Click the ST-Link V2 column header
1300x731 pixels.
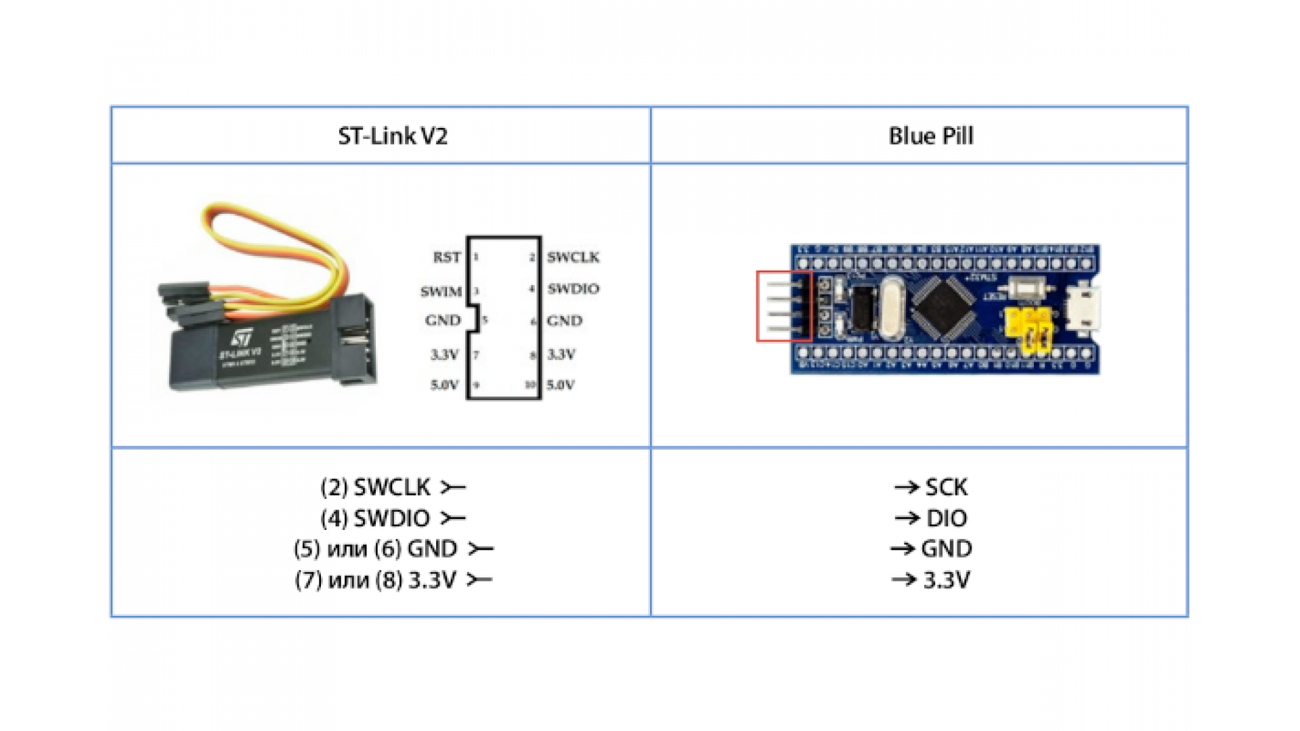pyautogui.click(x=393, y=136)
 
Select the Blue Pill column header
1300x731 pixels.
pyautogui.click(x=930, y=136)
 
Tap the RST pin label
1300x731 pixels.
pyautogui.click(x=446, y=257)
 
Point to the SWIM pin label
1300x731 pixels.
pyautogui.click(x=441, y=292)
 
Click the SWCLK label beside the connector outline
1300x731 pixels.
pyautogui.click(x=573, y=257)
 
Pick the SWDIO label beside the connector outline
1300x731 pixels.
pyautogui.click(x=573, y=289)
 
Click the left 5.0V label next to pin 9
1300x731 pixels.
pyautogui.click(x=444, y=385)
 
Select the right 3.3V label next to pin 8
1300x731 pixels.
pyautogui.click(x=561, y=354)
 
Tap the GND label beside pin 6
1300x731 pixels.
pyautogui.click(x=564, y=321)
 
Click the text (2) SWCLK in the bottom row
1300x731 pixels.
pyautogui.click(x=376, y=487)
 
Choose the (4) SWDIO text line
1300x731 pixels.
pyautogui.click(x=376, y=518)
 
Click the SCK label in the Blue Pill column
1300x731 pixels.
pyautogui.click(x=946, y=487)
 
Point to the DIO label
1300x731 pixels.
pyautogui.click(x=946, y=518)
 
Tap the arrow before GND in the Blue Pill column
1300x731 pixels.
pyautogui.click(x=903, y=549)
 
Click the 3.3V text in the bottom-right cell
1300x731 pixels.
pyautogui.click(x=946, y=580)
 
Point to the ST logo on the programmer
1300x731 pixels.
pyautogui.click(x=242, y=338)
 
